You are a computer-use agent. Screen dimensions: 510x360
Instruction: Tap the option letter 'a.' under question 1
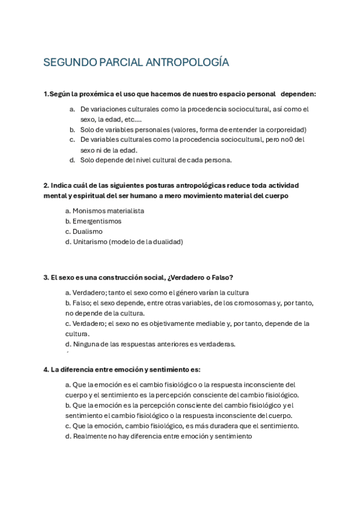click(72, 109)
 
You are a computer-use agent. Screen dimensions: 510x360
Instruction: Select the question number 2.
click(46, 185)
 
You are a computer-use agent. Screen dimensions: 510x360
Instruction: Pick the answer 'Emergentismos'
click(97, 221)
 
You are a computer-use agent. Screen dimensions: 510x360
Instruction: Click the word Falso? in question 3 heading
click(221, 277)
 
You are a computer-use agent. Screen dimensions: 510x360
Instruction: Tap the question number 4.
click(46, 369)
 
